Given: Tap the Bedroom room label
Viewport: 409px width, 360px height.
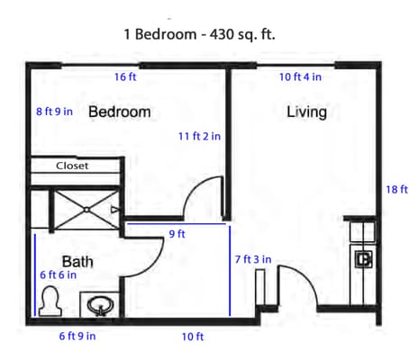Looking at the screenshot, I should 119,112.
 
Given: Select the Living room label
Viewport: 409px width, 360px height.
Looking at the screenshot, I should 306,112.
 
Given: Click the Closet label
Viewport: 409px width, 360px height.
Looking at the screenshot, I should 72,166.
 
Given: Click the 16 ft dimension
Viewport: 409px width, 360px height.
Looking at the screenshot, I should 125,77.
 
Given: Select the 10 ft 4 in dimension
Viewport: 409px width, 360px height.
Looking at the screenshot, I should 301,77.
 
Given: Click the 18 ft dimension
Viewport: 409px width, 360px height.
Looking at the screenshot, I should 396,189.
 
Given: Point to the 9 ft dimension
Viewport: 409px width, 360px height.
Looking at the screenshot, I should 177,235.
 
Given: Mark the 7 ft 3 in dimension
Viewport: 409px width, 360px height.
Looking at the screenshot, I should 253,259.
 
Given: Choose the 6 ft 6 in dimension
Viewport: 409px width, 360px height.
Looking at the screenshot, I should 57,275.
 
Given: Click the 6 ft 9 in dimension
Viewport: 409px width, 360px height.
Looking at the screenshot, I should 77,337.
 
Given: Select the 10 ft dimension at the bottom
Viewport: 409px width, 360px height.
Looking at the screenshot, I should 193,337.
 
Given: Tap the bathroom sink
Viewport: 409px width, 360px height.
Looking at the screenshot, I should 99,305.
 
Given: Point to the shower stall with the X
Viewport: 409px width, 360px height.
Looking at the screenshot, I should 85,208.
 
